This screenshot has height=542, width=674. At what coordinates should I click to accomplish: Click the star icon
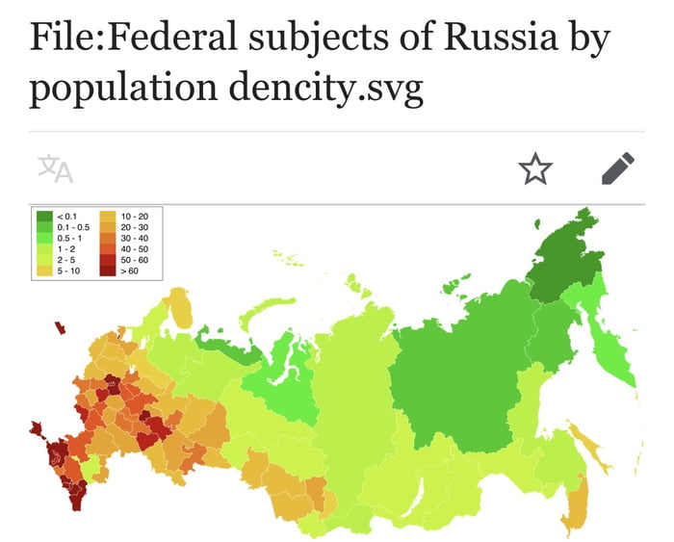click(536, 169)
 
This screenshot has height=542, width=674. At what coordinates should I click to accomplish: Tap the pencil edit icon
click(618, 168)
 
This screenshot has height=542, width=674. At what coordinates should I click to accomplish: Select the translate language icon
click(55, 168)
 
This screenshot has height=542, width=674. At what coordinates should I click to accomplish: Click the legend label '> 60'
click(129, 271)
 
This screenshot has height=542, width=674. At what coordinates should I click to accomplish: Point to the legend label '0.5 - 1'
click(69, 237)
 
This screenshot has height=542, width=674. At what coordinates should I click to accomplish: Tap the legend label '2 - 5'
click(65, 260)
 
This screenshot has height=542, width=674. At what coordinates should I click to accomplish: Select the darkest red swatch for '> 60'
click(108, 271)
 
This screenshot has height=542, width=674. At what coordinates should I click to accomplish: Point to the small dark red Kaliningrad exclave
click(60, 327)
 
